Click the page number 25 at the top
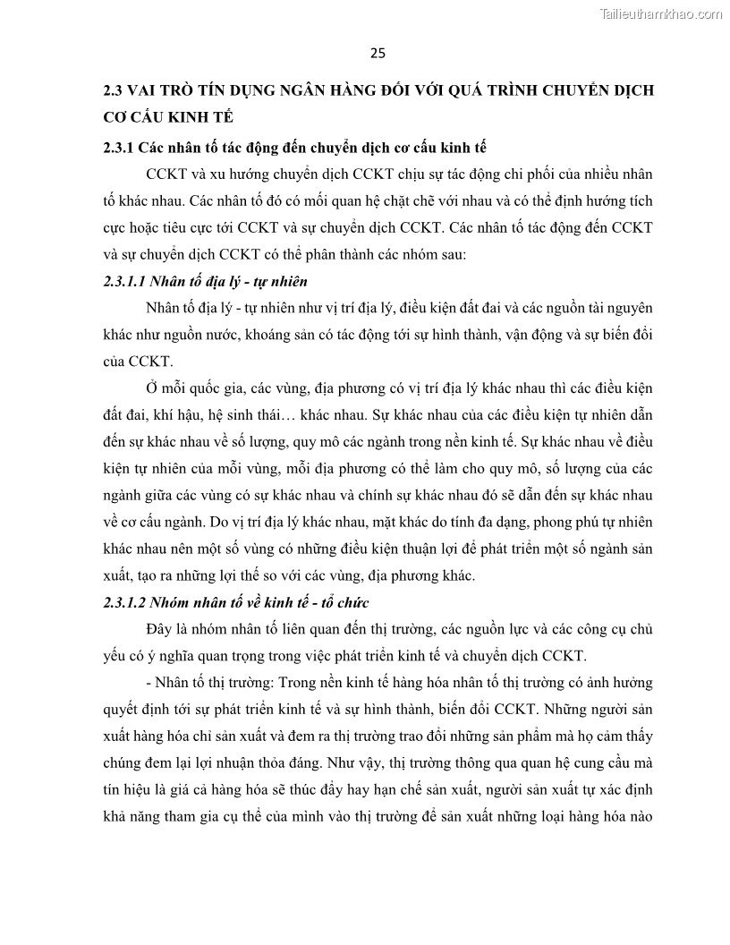(x=377, y=53)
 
